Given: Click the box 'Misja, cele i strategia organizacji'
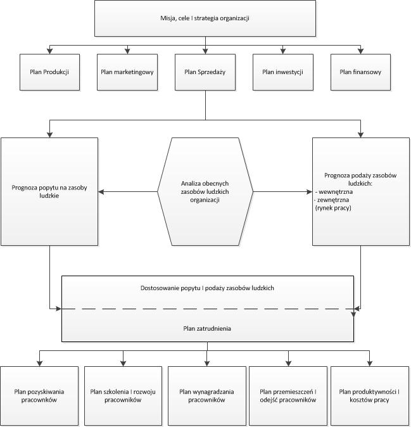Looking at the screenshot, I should (x=205, y=18).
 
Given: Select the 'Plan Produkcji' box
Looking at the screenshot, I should (x=49, y=72).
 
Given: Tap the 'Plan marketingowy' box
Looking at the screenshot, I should (x=127, y=72).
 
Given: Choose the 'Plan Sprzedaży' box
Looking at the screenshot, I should (x=205, y=72).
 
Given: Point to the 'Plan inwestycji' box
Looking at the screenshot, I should (x=282, y=72).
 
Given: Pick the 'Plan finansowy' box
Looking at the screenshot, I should (x=360, y=72).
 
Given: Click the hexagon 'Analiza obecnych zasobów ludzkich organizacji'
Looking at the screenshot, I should (x=205, y=191).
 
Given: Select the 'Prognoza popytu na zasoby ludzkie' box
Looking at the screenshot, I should (x=49, y=191).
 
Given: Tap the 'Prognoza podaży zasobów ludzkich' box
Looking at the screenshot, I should (x=360, y=191).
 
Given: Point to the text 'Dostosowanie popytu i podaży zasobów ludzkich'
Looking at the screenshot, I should (x=207, y=288).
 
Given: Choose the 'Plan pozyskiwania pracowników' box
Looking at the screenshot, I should (x=40, y=396).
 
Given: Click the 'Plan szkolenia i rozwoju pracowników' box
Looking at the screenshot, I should (x=123, y=396).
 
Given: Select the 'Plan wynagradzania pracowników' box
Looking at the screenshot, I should (x=207, y=396).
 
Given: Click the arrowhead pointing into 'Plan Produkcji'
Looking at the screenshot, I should (x=49, y=51).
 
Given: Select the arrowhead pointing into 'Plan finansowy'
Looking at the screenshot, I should (x=360, y=51).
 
